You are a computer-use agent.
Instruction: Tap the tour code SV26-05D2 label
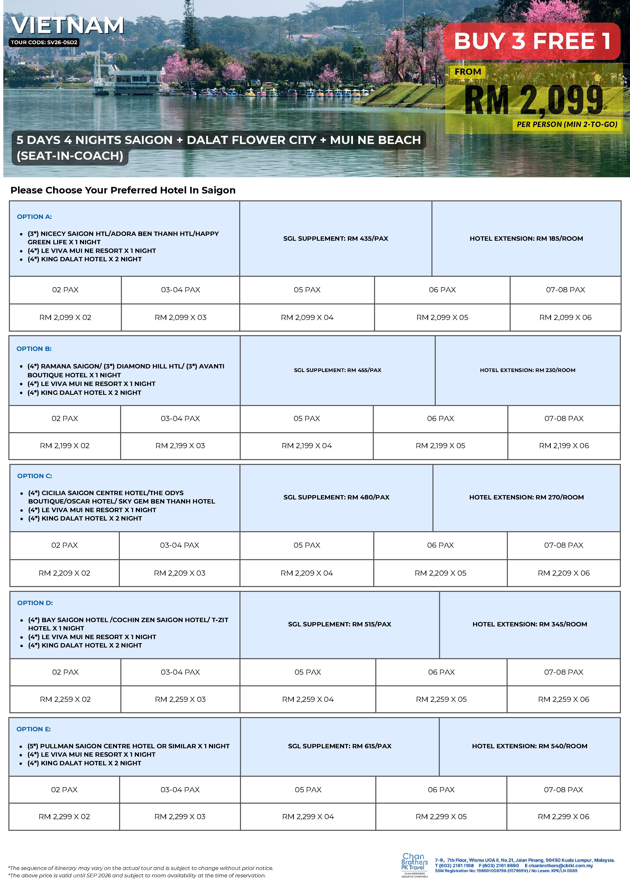tap(44, 42)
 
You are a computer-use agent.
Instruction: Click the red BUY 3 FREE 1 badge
tap(532, 41)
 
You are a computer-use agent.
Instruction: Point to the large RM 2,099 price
tap(534, 100)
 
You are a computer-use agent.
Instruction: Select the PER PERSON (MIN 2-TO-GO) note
tap(567, 125)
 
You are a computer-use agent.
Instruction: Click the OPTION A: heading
tap(34, 217)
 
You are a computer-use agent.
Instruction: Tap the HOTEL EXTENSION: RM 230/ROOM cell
tap(527, 370)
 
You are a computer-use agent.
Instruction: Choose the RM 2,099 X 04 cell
tap(307, 317)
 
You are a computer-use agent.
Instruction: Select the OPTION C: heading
tap(35, 476)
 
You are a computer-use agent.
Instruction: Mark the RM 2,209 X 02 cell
tap(64, 573)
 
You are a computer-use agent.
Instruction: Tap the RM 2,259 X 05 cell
tap(441, 699)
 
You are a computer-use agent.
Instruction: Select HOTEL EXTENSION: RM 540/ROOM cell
tap(529, 746)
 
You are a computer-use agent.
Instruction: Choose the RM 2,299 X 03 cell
tap(180, 817)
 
